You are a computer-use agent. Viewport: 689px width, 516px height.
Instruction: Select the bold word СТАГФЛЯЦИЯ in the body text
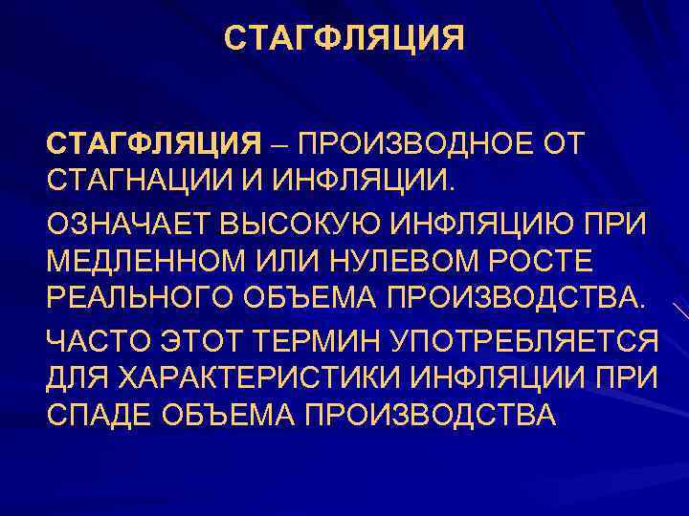pyautogui.click(x=154, y=144)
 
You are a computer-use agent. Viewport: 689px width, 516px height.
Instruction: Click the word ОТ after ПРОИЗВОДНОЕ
pyautogui.click(x=564, y=144)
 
